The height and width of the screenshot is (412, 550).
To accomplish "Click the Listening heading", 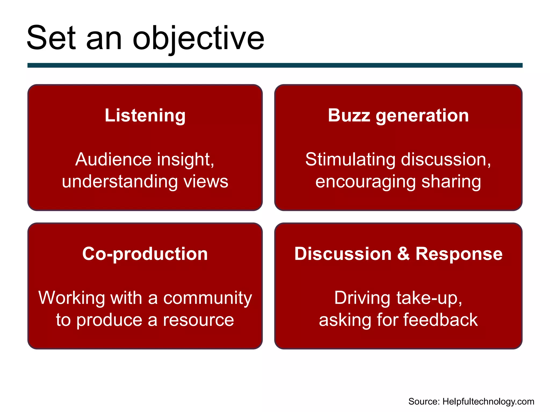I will (x=145, y=116).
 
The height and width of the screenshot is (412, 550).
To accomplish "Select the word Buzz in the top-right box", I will (x=349, y=116).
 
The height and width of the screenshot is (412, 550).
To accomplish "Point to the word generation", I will (x=422, y=116).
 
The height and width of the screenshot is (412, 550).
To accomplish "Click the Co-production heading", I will (x=145, y=254).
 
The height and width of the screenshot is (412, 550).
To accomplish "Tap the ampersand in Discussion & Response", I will (x=403, y=254).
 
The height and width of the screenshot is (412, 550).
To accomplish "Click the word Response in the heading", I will (x=459, y=254).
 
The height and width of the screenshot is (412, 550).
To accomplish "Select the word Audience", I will (x=114, y=160).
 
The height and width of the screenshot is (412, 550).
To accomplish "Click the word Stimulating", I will (x=350, y=160).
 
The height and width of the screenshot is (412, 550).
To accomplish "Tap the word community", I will (x=208, y=298).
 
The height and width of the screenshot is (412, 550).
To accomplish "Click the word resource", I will (x=198, y=320).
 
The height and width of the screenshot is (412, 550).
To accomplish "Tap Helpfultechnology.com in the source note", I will (x=488, y=402).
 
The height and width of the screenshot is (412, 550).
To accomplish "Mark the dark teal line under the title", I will (x=275, y=65).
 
